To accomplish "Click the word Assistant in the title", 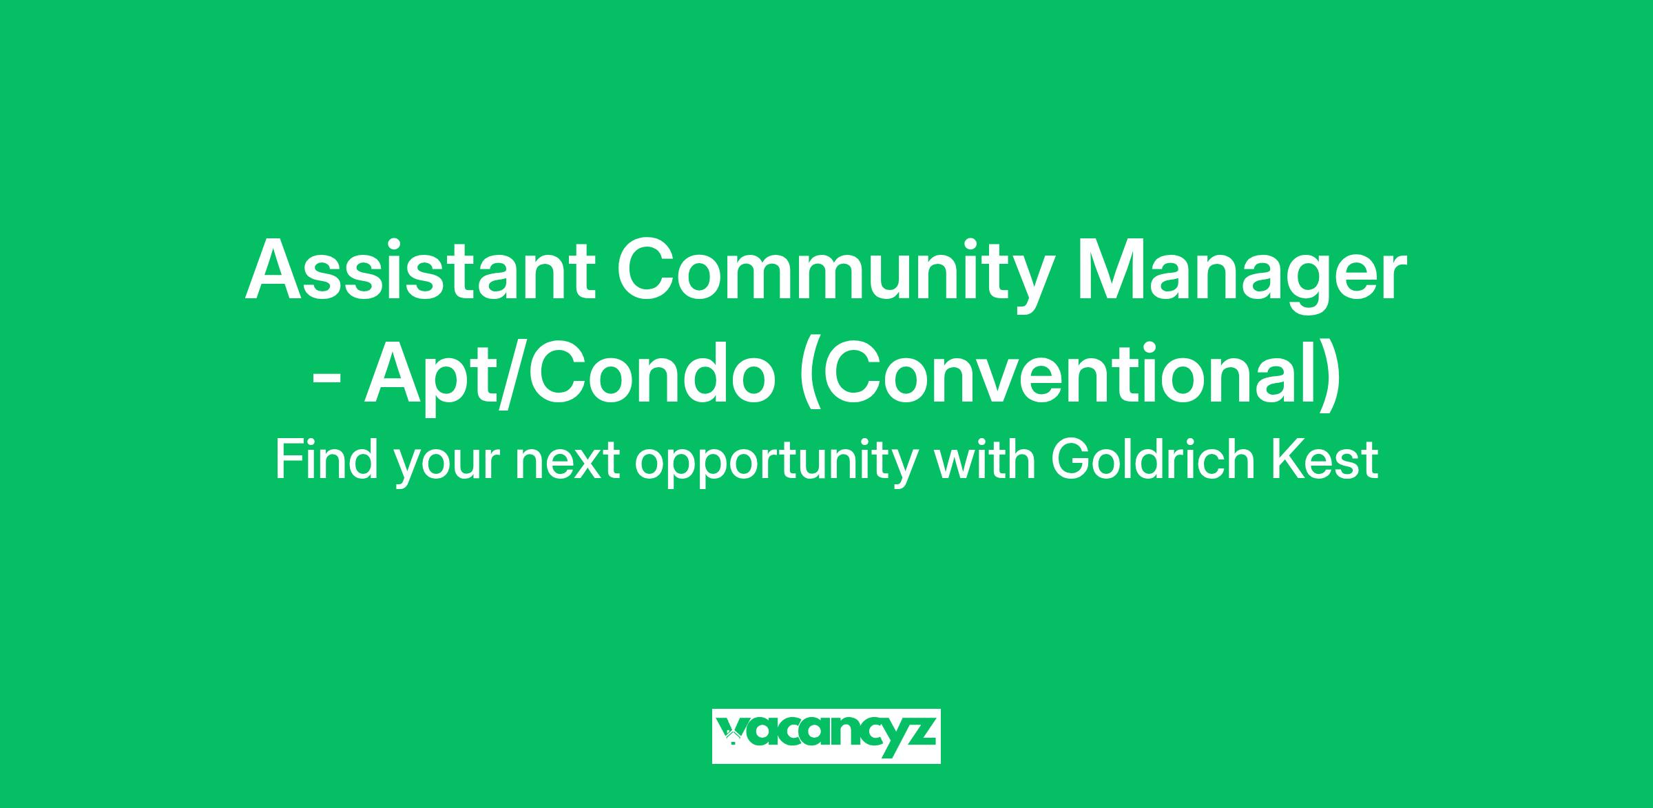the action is click(x=420, y=270).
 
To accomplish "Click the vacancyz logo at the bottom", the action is click(x=826, y=736).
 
